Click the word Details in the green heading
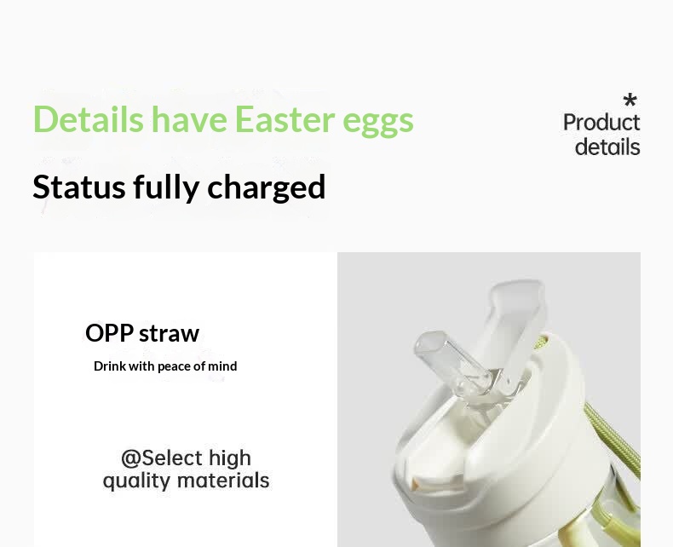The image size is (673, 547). tap(88, 119)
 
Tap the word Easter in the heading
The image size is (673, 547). tap(285, 119)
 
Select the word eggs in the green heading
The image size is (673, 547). tap(378, 124)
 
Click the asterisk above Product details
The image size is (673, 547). tap(630, 100)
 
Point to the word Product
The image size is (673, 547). tap(601, 123)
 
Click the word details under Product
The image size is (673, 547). tap(607, 147)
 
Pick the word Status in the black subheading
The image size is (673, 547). tap(79, 187)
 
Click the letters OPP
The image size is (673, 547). tap(109, 333)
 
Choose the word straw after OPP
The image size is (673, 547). tap(170, 334)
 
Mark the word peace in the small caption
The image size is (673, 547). tap(174, 367)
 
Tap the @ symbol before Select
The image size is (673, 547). tap(131, 458)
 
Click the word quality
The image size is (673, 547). tap(136, 481)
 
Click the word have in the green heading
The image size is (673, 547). tap(189, 119)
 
